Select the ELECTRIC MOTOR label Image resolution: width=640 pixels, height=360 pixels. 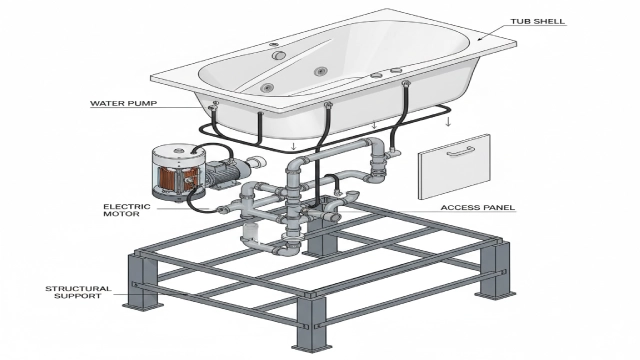[x=126, y=211]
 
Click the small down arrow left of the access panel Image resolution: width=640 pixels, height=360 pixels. [x=448, y=122]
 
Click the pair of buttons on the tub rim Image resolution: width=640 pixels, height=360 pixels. [x=386, y=73]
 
